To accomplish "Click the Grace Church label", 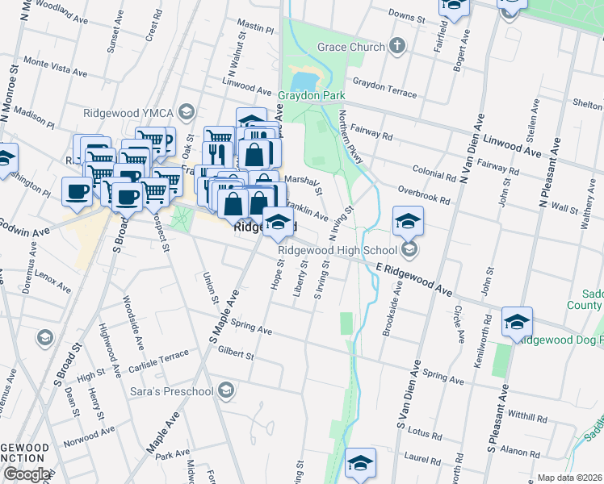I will (351, 47).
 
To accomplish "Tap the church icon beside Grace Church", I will (396, 46).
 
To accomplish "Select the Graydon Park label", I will (305, 95).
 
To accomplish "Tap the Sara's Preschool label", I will (170, 392).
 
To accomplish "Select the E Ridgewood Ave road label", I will (413, 277).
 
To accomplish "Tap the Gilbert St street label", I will (235, 355).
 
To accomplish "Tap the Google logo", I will (27, 474).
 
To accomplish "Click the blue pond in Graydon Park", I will (304, 81).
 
